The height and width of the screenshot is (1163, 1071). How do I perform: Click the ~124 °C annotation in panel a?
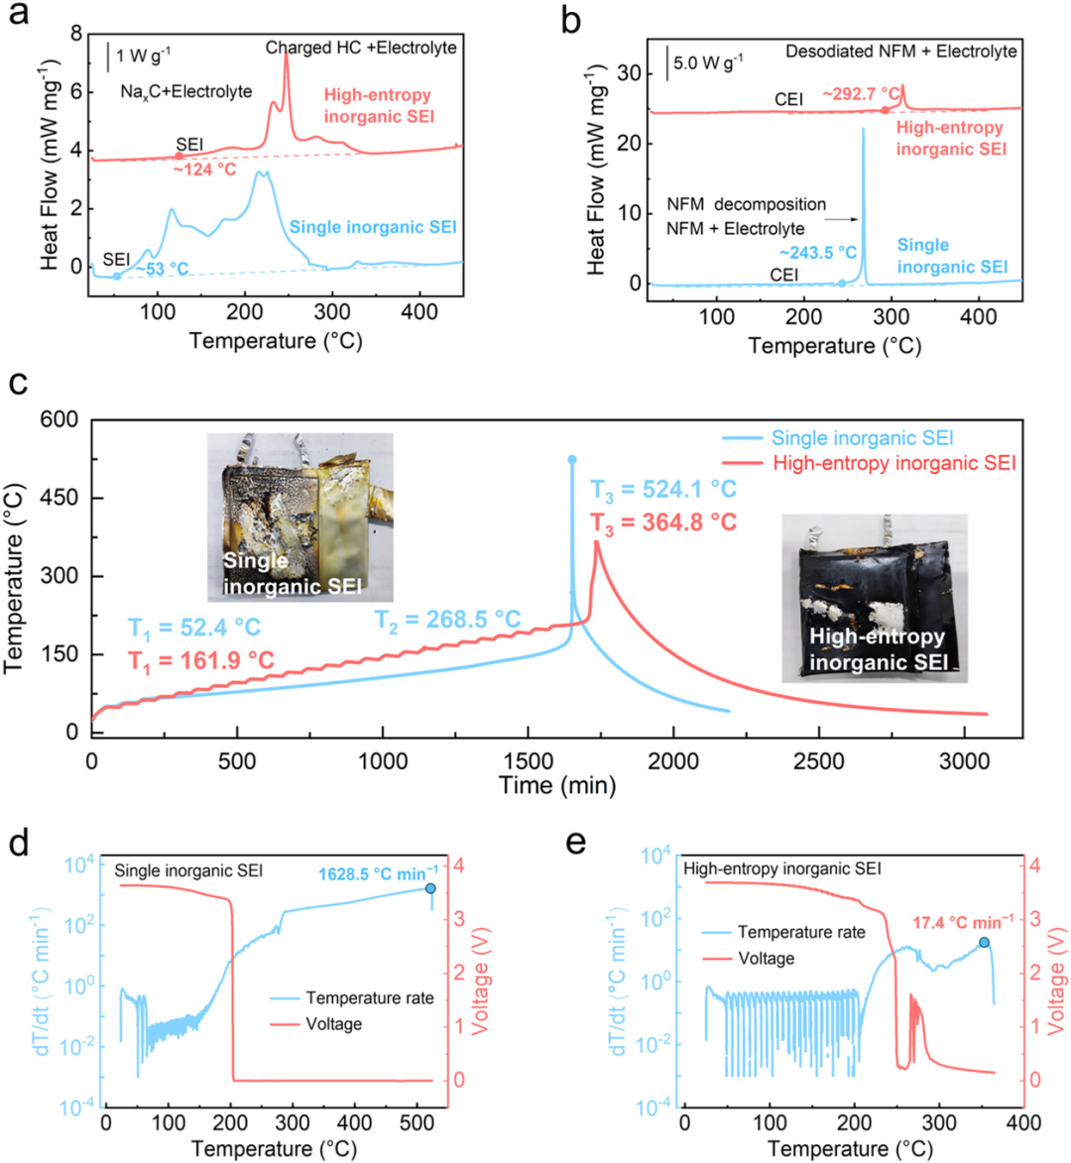tap(204, 170)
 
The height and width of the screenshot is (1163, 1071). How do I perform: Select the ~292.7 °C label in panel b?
tap(861, 94)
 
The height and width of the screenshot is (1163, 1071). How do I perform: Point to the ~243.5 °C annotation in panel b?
tap(817, 253)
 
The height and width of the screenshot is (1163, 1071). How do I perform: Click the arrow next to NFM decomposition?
tap(842, 219)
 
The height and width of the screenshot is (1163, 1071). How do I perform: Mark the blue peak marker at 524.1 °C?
tap(572, 460)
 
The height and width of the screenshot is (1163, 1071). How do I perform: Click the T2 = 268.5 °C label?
tap(447, 620)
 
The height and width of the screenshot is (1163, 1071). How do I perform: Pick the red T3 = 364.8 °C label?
tap(663, 523)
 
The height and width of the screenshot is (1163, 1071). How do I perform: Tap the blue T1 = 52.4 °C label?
tap(194, 629)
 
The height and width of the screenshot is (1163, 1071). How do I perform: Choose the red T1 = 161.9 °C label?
tap(201, 660)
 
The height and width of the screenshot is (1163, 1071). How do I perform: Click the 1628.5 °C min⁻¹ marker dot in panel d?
tap(430, 888)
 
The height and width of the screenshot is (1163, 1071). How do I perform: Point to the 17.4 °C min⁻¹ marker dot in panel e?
tap(984, 942)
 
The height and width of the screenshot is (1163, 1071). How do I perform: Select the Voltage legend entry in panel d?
tap(316, 1024)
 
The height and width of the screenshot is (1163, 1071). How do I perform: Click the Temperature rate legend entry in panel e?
tap(783, 932)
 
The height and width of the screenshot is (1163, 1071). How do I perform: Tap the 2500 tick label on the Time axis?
tap(819, 761)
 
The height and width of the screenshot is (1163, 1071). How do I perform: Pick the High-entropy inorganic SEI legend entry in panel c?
tap(870, 464)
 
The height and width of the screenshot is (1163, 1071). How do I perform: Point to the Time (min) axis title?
tap(557, 784)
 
